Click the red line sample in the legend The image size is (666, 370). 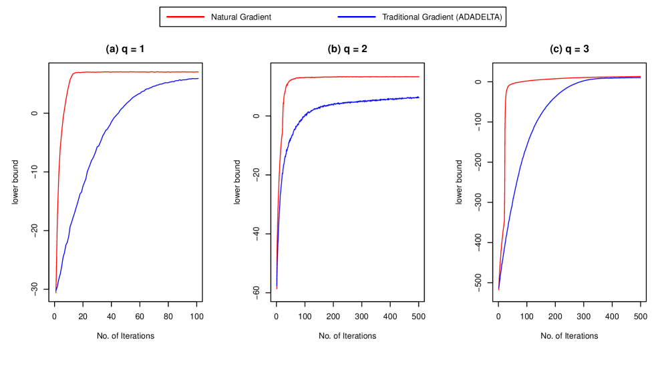point(185,17)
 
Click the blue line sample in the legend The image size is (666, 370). point(357,17)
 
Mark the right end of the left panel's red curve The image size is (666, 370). point(198,71)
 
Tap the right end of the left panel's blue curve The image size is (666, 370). point(198,79)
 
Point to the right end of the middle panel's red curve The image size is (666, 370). point(419,77)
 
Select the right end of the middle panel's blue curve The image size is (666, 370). point(419,98)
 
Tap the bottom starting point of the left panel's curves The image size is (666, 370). point(56,292)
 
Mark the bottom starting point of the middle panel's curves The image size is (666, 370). point(277,288)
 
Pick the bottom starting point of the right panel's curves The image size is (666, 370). point(498,289)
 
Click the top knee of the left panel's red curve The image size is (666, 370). point(74,73)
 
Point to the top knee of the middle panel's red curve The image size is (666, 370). point(288,81)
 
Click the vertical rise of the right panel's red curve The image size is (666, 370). point(504,154)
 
